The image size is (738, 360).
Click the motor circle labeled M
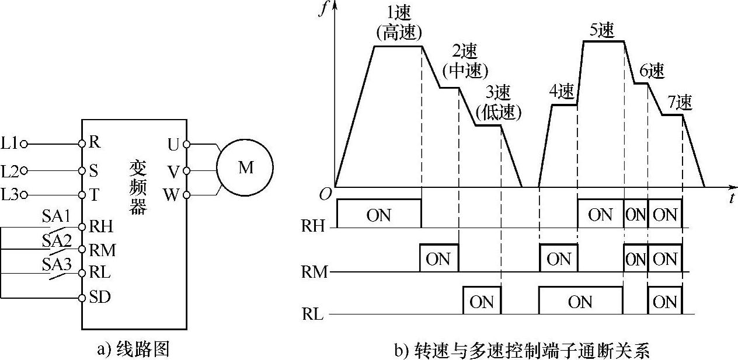[245, 168]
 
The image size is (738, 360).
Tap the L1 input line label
[11, 142]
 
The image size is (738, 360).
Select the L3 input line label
[11, 194]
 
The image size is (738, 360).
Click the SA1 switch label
[56, 216]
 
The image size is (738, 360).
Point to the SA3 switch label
[56, 264]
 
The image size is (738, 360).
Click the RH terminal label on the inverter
[101, 226]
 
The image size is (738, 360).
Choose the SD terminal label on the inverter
[100, 297]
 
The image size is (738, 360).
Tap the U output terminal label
[173, 144]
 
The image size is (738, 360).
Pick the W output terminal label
[172, 194]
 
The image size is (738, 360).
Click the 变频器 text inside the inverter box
[138, 187]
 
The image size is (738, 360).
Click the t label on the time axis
[731, 198]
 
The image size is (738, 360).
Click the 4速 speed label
[562, 92]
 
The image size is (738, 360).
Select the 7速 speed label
[679, 102]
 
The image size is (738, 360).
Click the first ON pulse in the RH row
[378, 214]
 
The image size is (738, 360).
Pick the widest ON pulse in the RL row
[580, 302]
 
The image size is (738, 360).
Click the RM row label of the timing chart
[314, 271]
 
